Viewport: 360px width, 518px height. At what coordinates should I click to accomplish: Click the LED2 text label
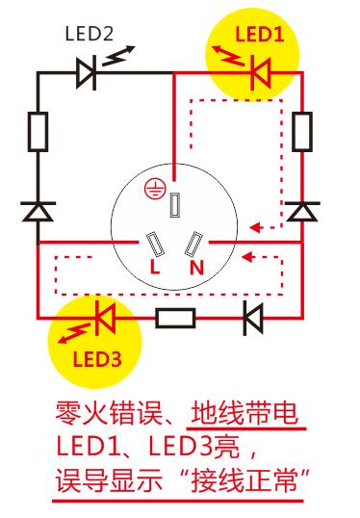[90, 35]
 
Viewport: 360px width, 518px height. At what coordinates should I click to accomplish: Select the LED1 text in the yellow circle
[254, 36]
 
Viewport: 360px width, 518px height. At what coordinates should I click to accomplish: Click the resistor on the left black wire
[39, 132]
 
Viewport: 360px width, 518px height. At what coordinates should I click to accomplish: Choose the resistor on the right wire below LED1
[302, 132]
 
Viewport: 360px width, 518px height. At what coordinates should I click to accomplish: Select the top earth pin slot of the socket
[175, 204]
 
